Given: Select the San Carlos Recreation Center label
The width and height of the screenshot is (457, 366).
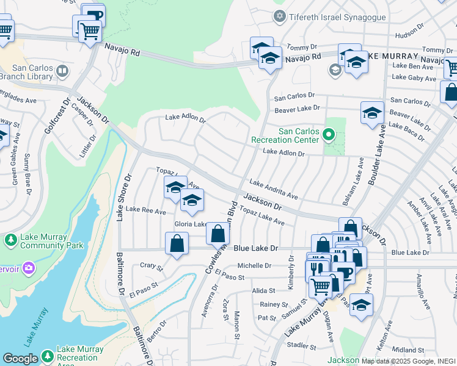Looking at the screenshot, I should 298,135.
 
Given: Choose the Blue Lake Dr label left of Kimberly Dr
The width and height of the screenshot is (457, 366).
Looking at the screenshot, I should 256,248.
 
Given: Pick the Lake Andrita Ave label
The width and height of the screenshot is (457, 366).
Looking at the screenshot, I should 274,189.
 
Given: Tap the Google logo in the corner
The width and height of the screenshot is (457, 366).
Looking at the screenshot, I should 20,359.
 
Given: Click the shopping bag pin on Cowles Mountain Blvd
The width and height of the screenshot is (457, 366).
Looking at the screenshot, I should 218,233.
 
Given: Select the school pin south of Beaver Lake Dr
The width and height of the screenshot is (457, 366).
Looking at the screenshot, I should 371,113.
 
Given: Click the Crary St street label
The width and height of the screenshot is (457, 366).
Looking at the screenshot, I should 152,266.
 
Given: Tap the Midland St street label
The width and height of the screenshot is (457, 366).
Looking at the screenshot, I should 404,350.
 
